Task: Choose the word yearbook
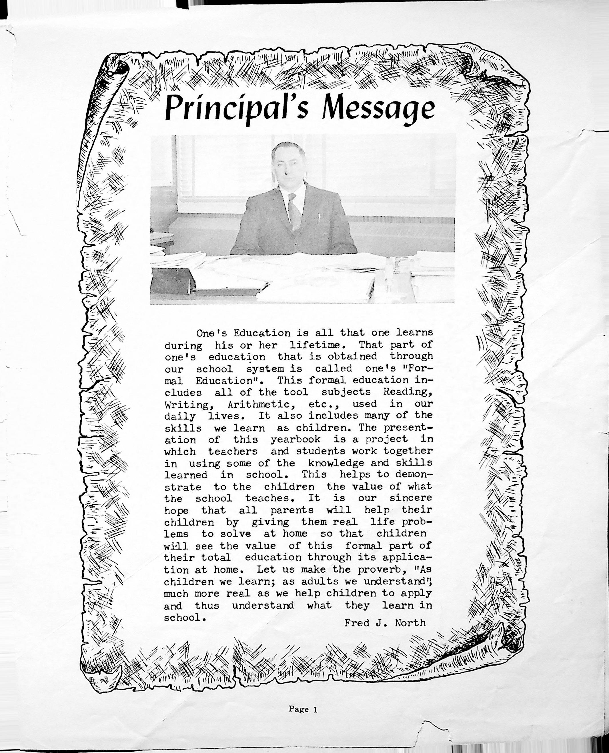click(295, 440)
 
